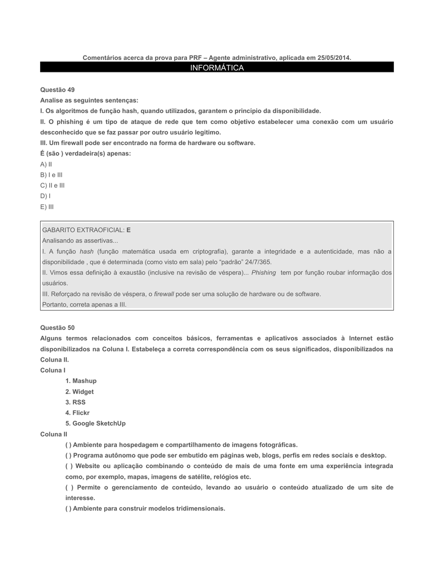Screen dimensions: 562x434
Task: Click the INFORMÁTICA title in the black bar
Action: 217,68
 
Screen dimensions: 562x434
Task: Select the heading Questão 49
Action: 58,89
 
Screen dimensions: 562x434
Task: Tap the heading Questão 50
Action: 58,327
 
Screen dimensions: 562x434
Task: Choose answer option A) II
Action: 46,164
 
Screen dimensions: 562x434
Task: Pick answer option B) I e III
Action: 52,175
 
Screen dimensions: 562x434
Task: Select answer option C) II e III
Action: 52,186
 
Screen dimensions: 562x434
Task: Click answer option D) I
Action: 46,196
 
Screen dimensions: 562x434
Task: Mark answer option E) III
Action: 47,207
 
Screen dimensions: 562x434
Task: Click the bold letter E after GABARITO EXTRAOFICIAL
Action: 129,230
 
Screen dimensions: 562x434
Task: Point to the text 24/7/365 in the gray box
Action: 258,262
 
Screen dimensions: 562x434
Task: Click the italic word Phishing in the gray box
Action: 263,273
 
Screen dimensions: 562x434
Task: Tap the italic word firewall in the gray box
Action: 164,294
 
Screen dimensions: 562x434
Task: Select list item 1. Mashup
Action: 81,381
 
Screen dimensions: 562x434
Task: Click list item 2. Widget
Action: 80,392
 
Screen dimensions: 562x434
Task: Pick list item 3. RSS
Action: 76,402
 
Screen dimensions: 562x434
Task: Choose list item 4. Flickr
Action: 77,413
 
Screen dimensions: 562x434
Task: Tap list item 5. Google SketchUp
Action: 95,424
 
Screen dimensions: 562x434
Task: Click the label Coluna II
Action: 54,434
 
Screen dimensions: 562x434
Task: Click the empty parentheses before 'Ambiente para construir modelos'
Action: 68,509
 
